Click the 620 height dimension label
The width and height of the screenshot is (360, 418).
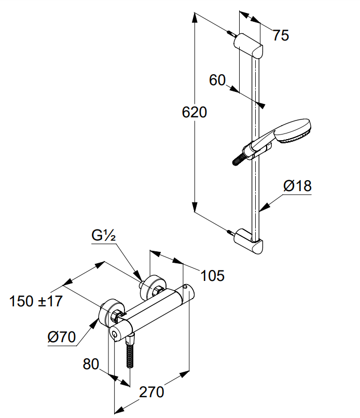pyautogui.click(x=195, y=112)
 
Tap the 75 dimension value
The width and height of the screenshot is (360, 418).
pyautogui.click(x=281, y=35)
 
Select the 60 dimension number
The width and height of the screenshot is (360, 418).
pyautogui.click(x=217, y=80)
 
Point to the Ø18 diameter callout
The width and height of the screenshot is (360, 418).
pyautogui.click(x=297, y=186)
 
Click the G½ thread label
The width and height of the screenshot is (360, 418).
pyautogui.click(x=104, y=235)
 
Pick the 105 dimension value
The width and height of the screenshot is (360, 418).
pyautogui.click(x=213, y=276)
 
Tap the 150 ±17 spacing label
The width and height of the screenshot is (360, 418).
pyautogui.click(x=36, y=301)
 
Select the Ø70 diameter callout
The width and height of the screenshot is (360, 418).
pyautogui.click(x=62, y=337)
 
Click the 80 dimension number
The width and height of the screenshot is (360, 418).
pyautogui.click(x=91, y=364)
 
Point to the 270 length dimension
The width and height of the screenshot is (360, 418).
pyautogui.click(x=151, y=392)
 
